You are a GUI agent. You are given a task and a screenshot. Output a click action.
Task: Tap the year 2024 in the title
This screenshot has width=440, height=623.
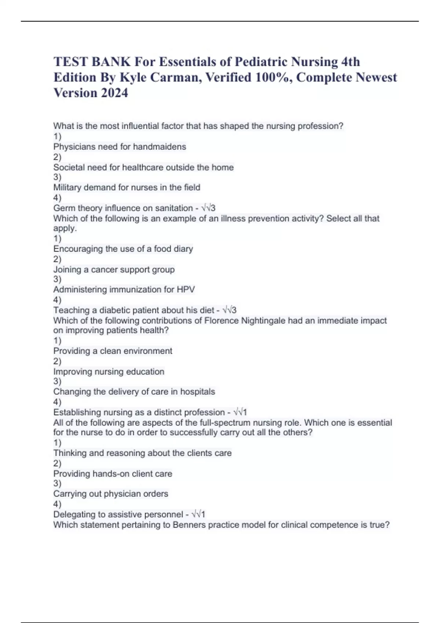(x=114, y=93)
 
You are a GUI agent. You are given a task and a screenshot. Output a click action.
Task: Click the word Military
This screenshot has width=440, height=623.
(x=67, y=188)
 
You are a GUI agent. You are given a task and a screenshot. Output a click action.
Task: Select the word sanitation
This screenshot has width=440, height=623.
(x=174, y=208)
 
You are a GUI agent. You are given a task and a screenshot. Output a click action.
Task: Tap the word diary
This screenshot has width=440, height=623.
(x=183, y=249)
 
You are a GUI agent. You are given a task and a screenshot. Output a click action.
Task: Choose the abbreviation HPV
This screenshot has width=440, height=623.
(x=186, y=290)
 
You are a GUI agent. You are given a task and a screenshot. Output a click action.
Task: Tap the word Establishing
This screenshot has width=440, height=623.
(x=77, y=412)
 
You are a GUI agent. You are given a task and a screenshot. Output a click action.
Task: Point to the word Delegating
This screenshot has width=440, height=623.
(x=73, y=515)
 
